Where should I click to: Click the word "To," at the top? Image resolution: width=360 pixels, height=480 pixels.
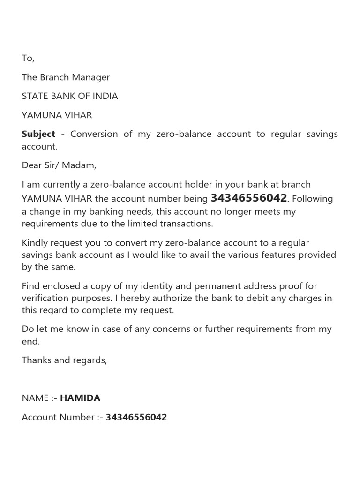click(x=28, y=58)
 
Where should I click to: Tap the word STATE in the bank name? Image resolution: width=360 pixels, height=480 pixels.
click(x=35, y=96)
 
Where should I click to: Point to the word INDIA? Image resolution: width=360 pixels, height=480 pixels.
click(x=104, y=96)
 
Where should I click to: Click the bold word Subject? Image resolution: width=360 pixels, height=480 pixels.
click(x=38, y=134)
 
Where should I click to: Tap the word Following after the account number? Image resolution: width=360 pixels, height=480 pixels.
click(x=312, y=199)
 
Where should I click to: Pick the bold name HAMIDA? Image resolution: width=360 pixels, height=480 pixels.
click(x=80, y=398)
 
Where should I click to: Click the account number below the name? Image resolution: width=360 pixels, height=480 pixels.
click(x=136, y=417)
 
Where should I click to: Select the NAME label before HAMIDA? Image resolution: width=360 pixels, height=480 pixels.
click(x=35, y=398)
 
